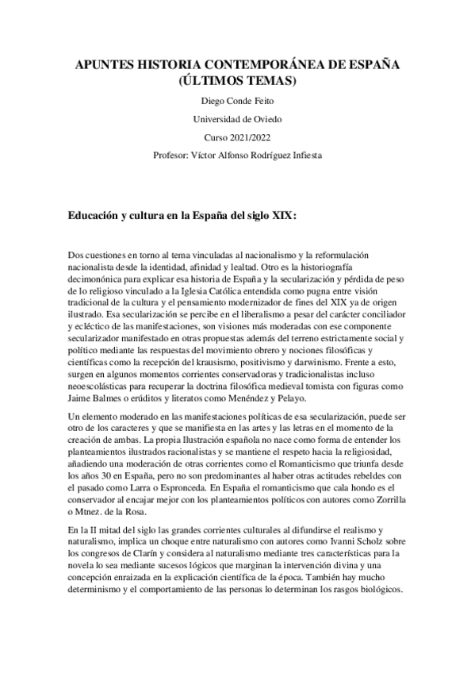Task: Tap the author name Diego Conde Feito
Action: [237, 102]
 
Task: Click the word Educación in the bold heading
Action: [99, 214]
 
